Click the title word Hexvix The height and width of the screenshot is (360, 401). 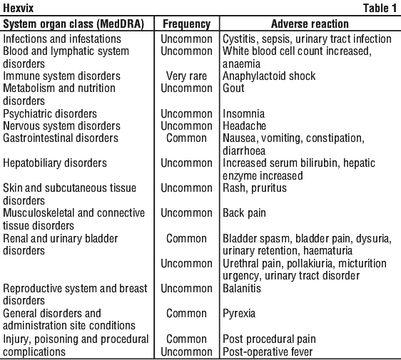18,8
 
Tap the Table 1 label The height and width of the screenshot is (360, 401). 380,8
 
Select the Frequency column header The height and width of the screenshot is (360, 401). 187,24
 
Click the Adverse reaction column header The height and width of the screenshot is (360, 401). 310,24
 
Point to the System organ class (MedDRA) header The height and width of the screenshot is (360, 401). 73,24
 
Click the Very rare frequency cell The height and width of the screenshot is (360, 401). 186,76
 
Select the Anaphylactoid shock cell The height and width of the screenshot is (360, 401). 269,76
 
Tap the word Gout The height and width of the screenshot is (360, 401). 233,88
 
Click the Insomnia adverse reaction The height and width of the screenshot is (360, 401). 244,113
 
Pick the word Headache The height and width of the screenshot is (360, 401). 244,125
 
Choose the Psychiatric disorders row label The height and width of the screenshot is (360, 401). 50,113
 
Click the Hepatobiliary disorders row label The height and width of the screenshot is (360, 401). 55,163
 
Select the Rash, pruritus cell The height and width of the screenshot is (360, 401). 255,188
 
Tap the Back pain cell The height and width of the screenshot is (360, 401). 244,213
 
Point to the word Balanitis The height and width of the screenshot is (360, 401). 242,288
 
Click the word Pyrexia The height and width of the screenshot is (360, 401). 239,314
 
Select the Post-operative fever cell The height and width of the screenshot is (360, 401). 268,352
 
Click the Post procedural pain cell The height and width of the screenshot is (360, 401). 269,339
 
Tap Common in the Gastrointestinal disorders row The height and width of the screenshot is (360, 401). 186,138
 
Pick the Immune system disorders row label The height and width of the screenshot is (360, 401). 61,76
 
